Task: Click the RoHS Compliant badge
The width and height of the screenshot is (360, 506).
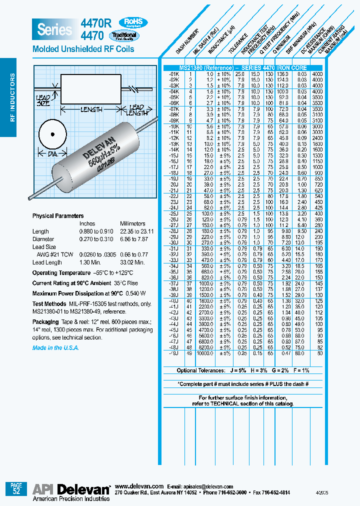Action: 132,22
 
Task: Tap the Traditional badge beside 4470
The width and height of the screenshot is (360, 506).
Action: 124,36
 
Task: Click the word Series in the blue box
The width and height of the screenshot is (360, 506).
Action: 54,29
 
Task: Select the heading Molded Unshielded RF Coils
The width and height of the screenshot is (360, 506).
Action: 83,49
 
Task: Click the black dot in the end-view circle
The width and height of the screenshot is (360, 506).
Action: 53,134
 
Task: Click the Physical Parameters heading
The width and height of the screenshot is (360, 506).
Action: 58,216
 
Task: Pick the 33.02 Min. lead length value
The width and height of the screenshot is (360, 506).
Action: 132,262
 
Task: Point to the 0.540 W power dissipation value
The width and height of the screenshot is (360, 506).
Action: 136,293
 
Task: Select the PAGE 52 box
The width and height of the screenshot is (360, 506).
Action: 16,488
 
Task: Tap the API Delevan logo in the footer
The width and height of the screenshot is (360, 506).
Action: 71,489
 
